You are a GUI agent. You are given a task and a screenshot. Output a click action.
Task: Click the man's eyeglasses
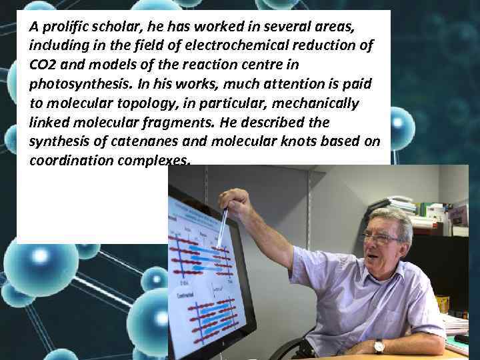[381, 238]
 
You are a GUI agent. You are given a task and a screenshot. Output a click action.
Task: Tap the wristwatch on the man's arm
[379, 345]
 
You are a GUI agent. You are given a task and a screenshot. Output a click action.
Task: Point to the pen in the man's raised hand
[222, 227]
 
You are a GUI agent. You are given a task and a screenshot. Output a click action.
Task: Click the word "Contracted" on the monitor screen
[186, 294]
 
